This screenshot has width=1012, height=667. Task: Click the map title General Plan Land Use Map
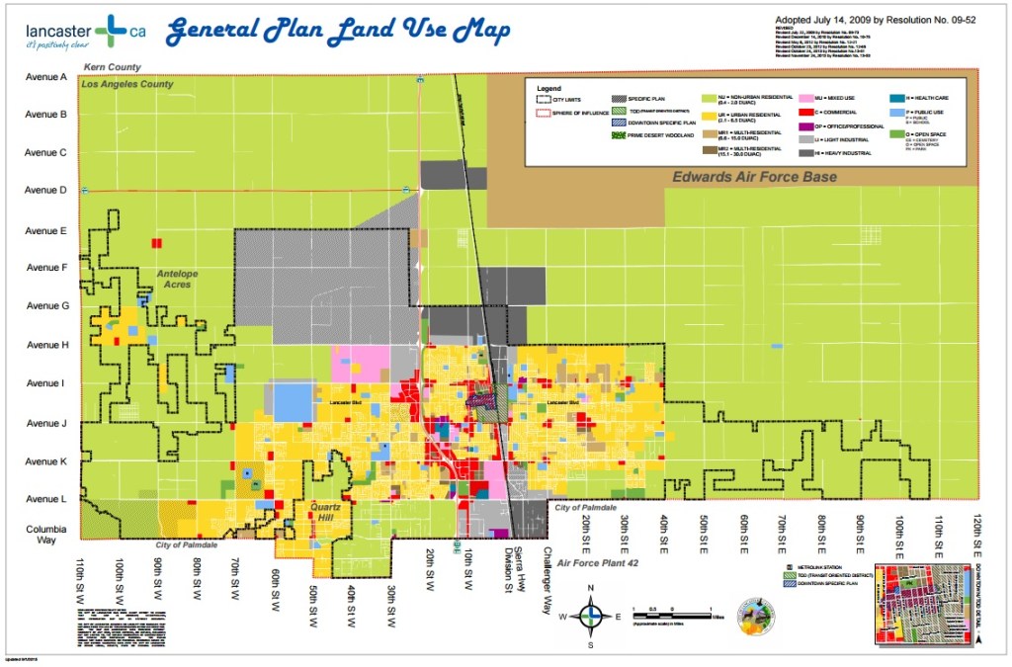pyautogui.click(x=338, y=33)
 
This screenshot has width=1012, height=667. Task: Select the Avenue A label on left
pyautogui.click(x=45, y=77)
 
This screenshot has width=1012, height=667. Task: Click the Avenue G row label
pyautogui.click(x=45, y=306)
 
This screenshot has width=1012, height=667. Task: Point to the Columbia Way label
pyautogui.click(x=44, y=535)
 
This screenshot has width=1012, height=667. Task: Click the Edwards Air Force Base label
pyautogui.click(x=755, y=178)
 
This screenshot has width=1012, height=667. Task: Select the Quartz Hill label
pyautogui.click(x=326, y=513)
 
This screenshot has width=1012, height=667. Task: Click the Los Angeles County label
pyautogui.click(x=128, y=85)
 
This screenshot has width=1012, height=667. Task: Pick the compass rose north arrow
pyautogui.click(x=590, y=597)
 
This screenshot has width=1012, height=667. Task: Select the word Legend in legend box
pyautogui.click(x=548, y=89)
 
